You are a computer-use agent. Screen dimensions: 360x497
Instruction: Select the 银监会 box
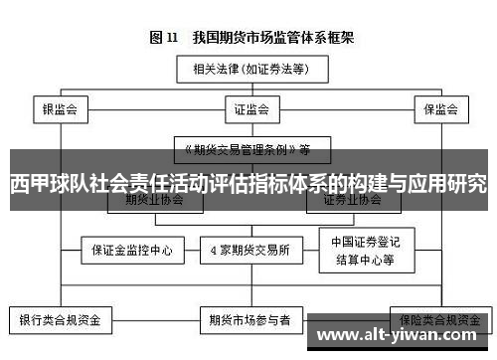click(60, 108)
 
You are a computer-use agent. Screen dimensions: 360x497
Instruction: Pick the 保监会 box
click(438, 108)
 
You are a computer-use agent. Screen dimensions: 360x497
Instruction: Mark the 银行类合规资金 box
click(60, 321)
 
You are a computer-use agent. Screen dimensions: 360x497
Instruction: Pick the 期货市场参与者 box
click(248, 321)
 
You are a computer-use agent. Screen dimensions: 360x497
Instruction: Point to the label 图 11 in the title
click(163, 38)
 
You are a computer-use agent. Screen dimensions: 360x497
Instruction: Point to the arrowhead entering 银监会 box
click(60, 95)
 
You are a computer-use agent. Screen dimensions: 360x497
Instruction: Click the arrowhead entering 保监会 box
click(438, 95)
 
